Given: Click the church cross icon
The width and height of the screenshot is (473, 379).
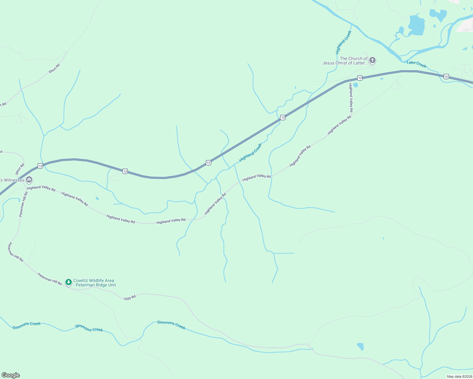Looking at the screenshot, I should click(372, 60).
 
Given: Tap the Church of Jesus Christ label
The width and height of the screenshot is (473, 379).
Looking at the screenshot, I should click(345, 61).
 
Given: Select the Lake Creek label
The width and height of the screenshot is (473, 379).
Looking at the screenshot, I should click(416, 64).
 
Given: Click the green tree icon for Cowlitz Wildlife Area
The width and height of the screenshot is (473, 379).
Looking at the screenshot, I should click(68, 282).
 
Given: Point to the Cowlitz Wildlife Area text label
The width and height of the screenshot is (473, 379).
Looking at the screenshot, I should click(94, 283).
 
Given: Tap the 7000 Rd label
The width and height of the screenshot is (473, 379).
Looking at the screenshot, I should click(129, 298).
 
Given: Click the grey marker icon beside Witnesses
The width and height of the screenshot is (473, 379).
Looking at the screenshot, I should click(29, 180).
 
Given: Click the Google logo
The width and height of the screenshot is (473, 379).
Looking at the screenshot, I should click(11, 375).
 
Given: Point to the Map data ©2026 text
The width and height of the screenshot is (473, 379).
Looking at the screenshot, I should click(459, 376).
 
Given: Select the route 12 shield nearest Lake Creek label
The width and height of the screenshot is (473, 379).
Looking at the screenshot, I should click(446, 76).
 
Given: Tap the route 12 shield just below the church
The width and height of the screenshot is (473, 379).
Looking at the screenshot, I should click(360, 78).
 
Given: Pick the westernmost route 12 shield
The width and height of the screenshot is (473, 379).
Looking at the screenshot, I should click(40, 166).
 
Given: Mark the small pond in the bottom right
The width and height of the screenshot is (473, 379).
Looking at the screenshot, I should click(360, 346).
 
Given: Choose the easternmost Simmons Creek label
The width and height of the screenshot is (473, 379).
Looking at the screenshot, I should click(171, 325).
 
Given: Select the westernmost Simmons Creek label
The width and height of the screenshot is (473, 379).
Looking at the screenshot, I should click(27, 325).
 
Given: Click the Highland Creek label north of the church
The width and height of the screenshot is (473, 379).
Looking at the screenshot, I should click(343, 42).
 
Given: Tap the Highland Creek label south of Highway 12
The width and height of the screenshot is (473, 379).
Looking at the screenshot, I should click(250, 152).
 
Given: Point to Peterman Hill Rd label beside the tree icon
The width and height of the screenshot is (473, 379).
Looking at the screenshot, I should click(50, 279).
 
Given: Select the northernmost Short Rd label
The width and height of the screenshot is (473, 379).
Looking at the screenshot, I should click(54, 69).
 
